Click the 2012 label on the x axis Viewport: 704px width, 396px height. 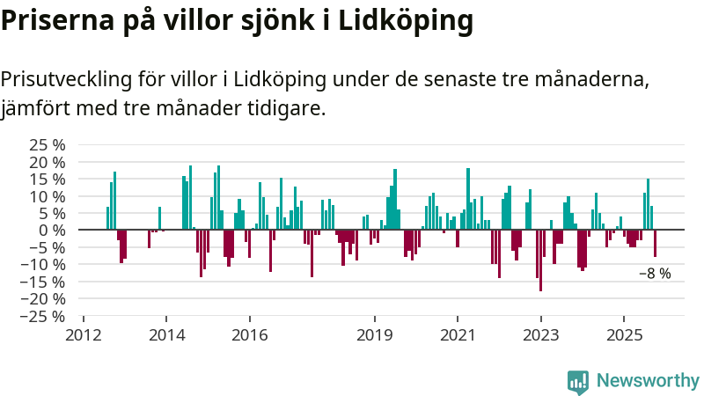84,335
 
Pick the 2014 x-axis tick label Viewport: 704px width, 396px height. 166,335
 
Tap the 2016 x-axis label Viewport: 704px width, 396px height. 249,335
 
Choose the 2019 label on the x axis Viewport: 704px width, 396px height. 375,335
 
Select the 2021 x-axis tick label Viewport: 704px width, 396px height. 458,335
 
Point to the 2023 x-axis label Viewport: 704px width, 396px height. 540,335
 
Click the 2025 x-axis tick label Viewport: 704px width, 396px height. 623,335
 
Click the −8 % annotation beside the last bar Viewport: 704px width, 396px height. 655,274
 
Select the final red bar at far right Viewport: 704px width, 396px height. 655,244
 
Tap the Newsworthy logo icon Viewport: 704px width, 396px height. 578,381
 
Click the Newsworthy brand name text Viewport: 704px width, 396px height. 648,381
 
